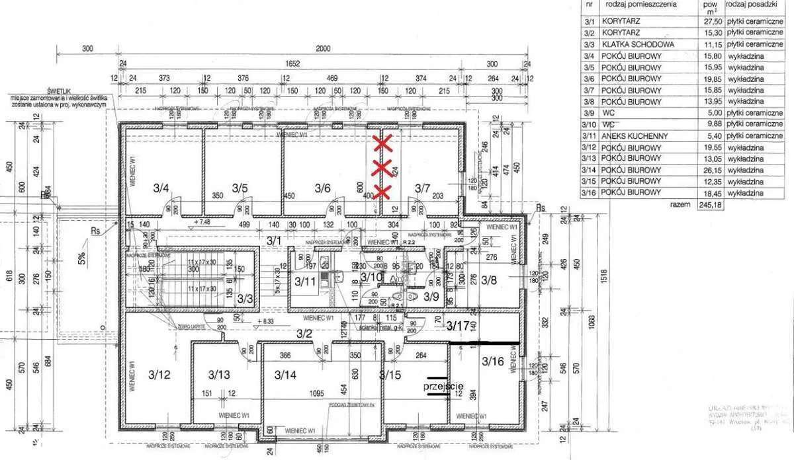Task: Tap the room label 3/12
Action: (159, 375)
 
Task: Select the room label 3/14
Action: (287, 375)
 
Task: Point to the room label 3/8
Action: (488, 281)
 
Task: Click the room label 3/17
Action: (457, 325)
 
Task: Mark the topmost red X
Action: (382, 142)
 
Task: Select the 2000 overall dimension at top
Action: (322, 49)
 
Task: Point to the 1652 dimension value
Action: (292, 64)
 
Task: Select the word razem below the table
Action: (682, 206)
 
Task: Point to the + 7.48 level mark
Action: (202, 223)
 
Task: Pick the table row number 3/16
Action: (588, 192)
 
